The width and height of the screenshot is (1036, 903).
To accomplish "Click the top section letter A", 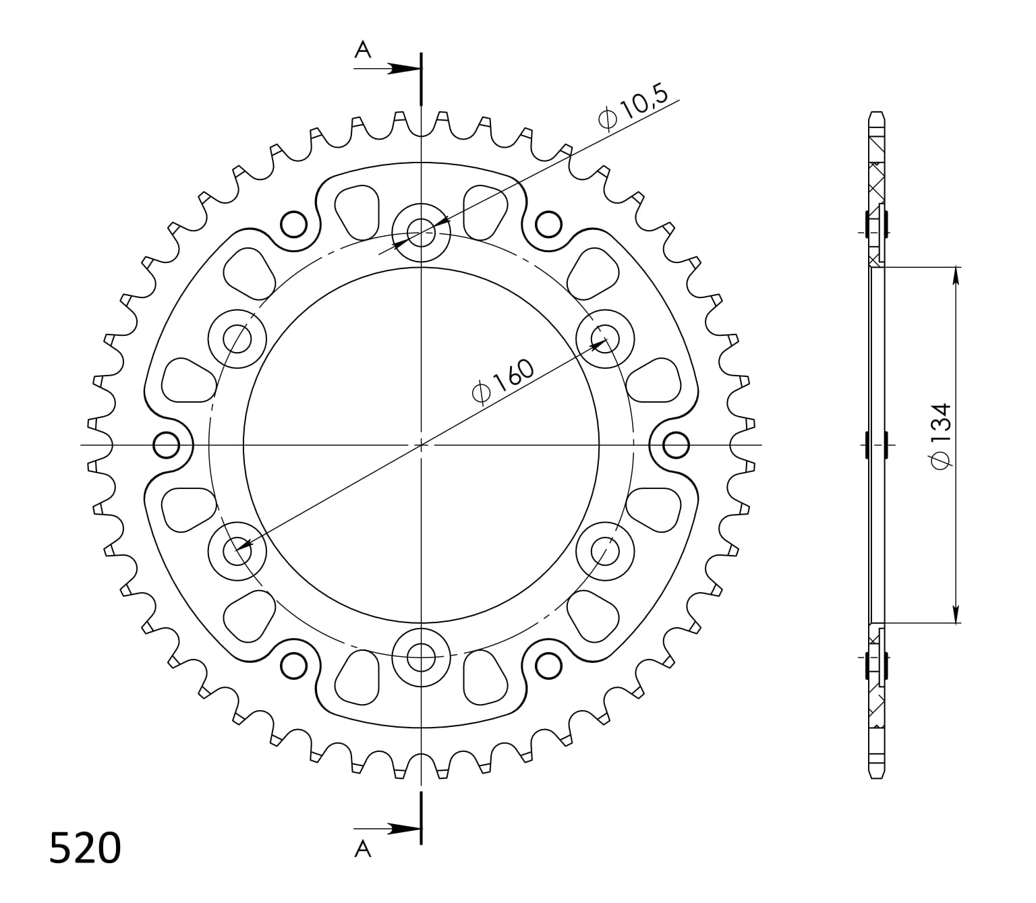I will click(364, 49).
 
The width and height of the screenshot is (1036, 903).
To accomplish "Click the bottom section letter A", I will click(364, 850).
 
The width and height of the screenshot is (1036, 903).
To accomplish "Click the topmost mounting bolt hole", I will click(422, 233).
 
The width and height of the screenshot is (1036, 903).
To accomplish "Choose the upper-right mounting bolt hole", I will click(605, 339).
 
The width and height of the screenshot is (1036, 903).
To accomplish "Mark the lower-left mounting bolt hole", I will click(237, 551).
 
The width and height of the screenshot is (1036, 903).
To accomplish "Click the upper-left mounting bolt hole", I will click(237, 339).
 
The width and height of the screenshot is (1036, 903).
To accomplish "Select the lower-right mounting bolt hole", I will click(605, 551).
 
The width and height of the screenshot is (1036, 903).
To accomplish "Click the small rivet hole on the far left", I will click(167, 445).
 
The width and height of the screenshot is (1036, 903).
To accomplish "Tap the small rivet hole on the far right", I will click(676, 445).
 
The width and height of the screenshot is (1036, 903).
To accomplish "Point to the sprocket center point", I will click(422, 445).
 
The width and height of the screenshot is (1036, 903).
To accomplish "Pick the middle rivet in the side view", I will click(876, 445).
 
